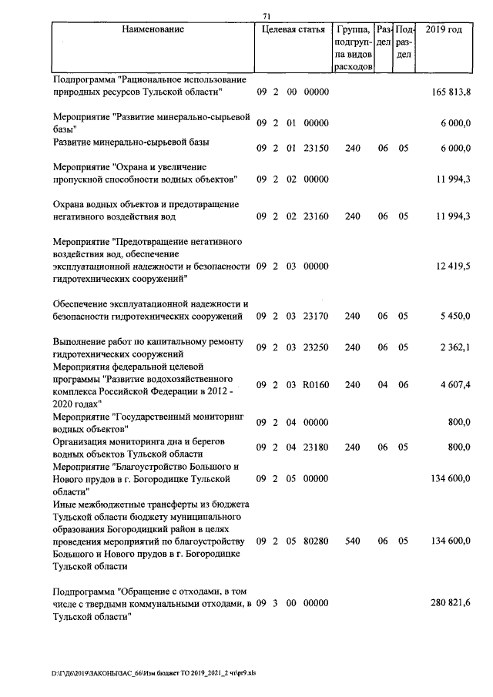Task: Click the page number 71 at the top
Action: (267, 16)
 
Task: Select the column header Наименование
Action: (153, 29)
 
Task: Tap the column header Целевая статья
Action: (293, 29)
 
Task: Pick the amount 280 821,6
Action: (451, 601)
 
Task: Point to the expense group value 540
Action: (353, 541)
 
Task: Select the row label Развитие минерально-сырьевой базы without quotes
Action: (131, 142)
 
